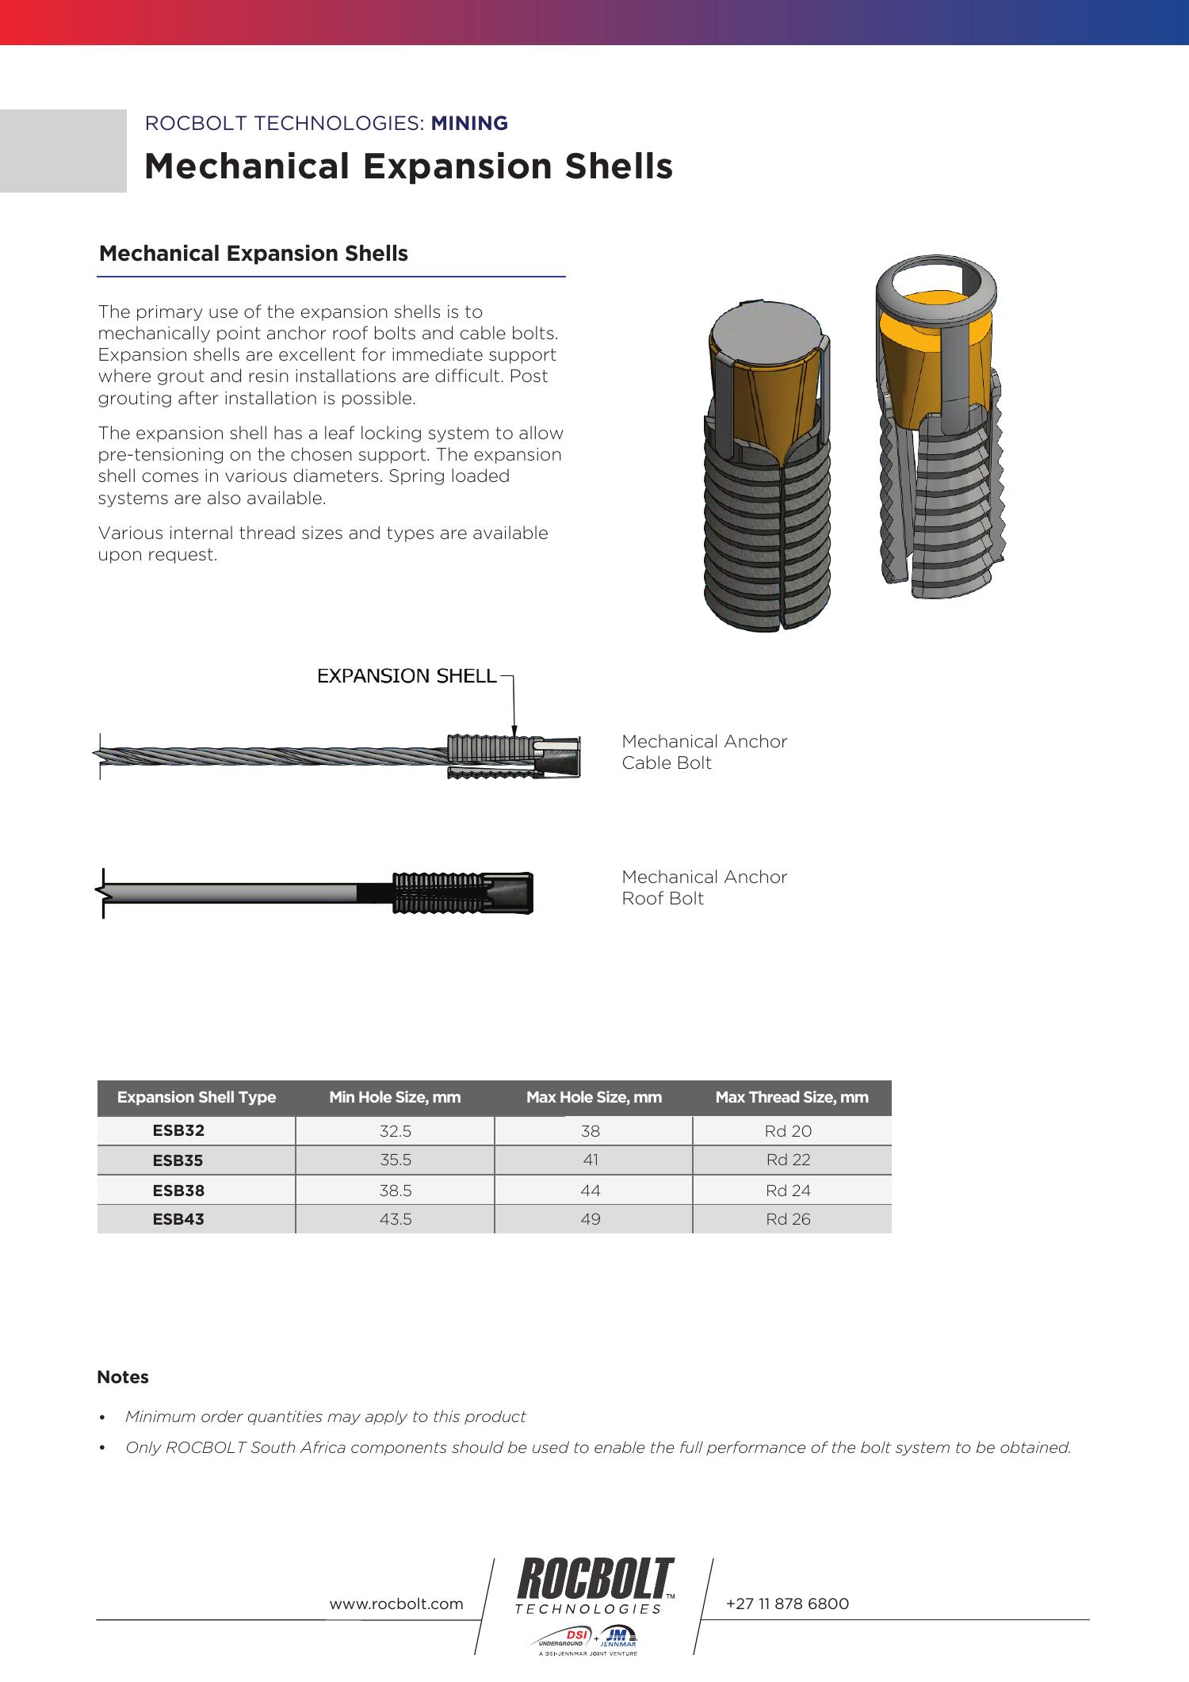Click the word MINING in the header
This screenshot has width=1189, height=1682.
(469, 124)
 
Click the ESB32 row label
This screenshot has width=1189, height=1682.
(178, 1130)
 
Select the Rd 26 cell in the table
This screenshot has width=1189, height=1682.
(788, 1219)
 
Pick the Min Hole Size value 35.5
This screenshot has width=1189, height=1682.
(395, 1160)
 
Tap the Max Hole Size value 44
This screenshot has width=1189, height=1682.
(591, 1190)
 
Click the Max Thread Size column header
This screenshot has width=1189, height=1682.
(791, 1097)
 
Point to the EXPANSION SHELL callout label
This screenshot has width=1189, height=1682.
(407, 676)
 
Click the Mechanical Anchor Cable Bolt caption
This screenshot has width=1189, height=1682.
(704, 752)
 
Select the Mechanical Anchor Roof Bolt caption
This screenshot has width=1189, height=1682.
(704, 888)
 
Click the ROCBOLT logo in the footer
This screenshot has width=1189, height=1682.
(594, 1579)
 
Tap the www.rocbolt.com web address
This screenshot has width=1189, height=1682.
(396, 1604)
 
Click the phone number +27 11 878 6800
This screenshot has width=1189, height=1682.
(787, 1604)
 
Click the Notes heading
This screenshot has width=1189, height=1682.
(123, 1378)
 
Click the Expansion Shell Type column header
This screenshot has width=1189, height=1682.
(197, 1097)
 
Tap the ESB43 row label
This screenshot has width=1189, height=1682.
(178, 1219)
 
